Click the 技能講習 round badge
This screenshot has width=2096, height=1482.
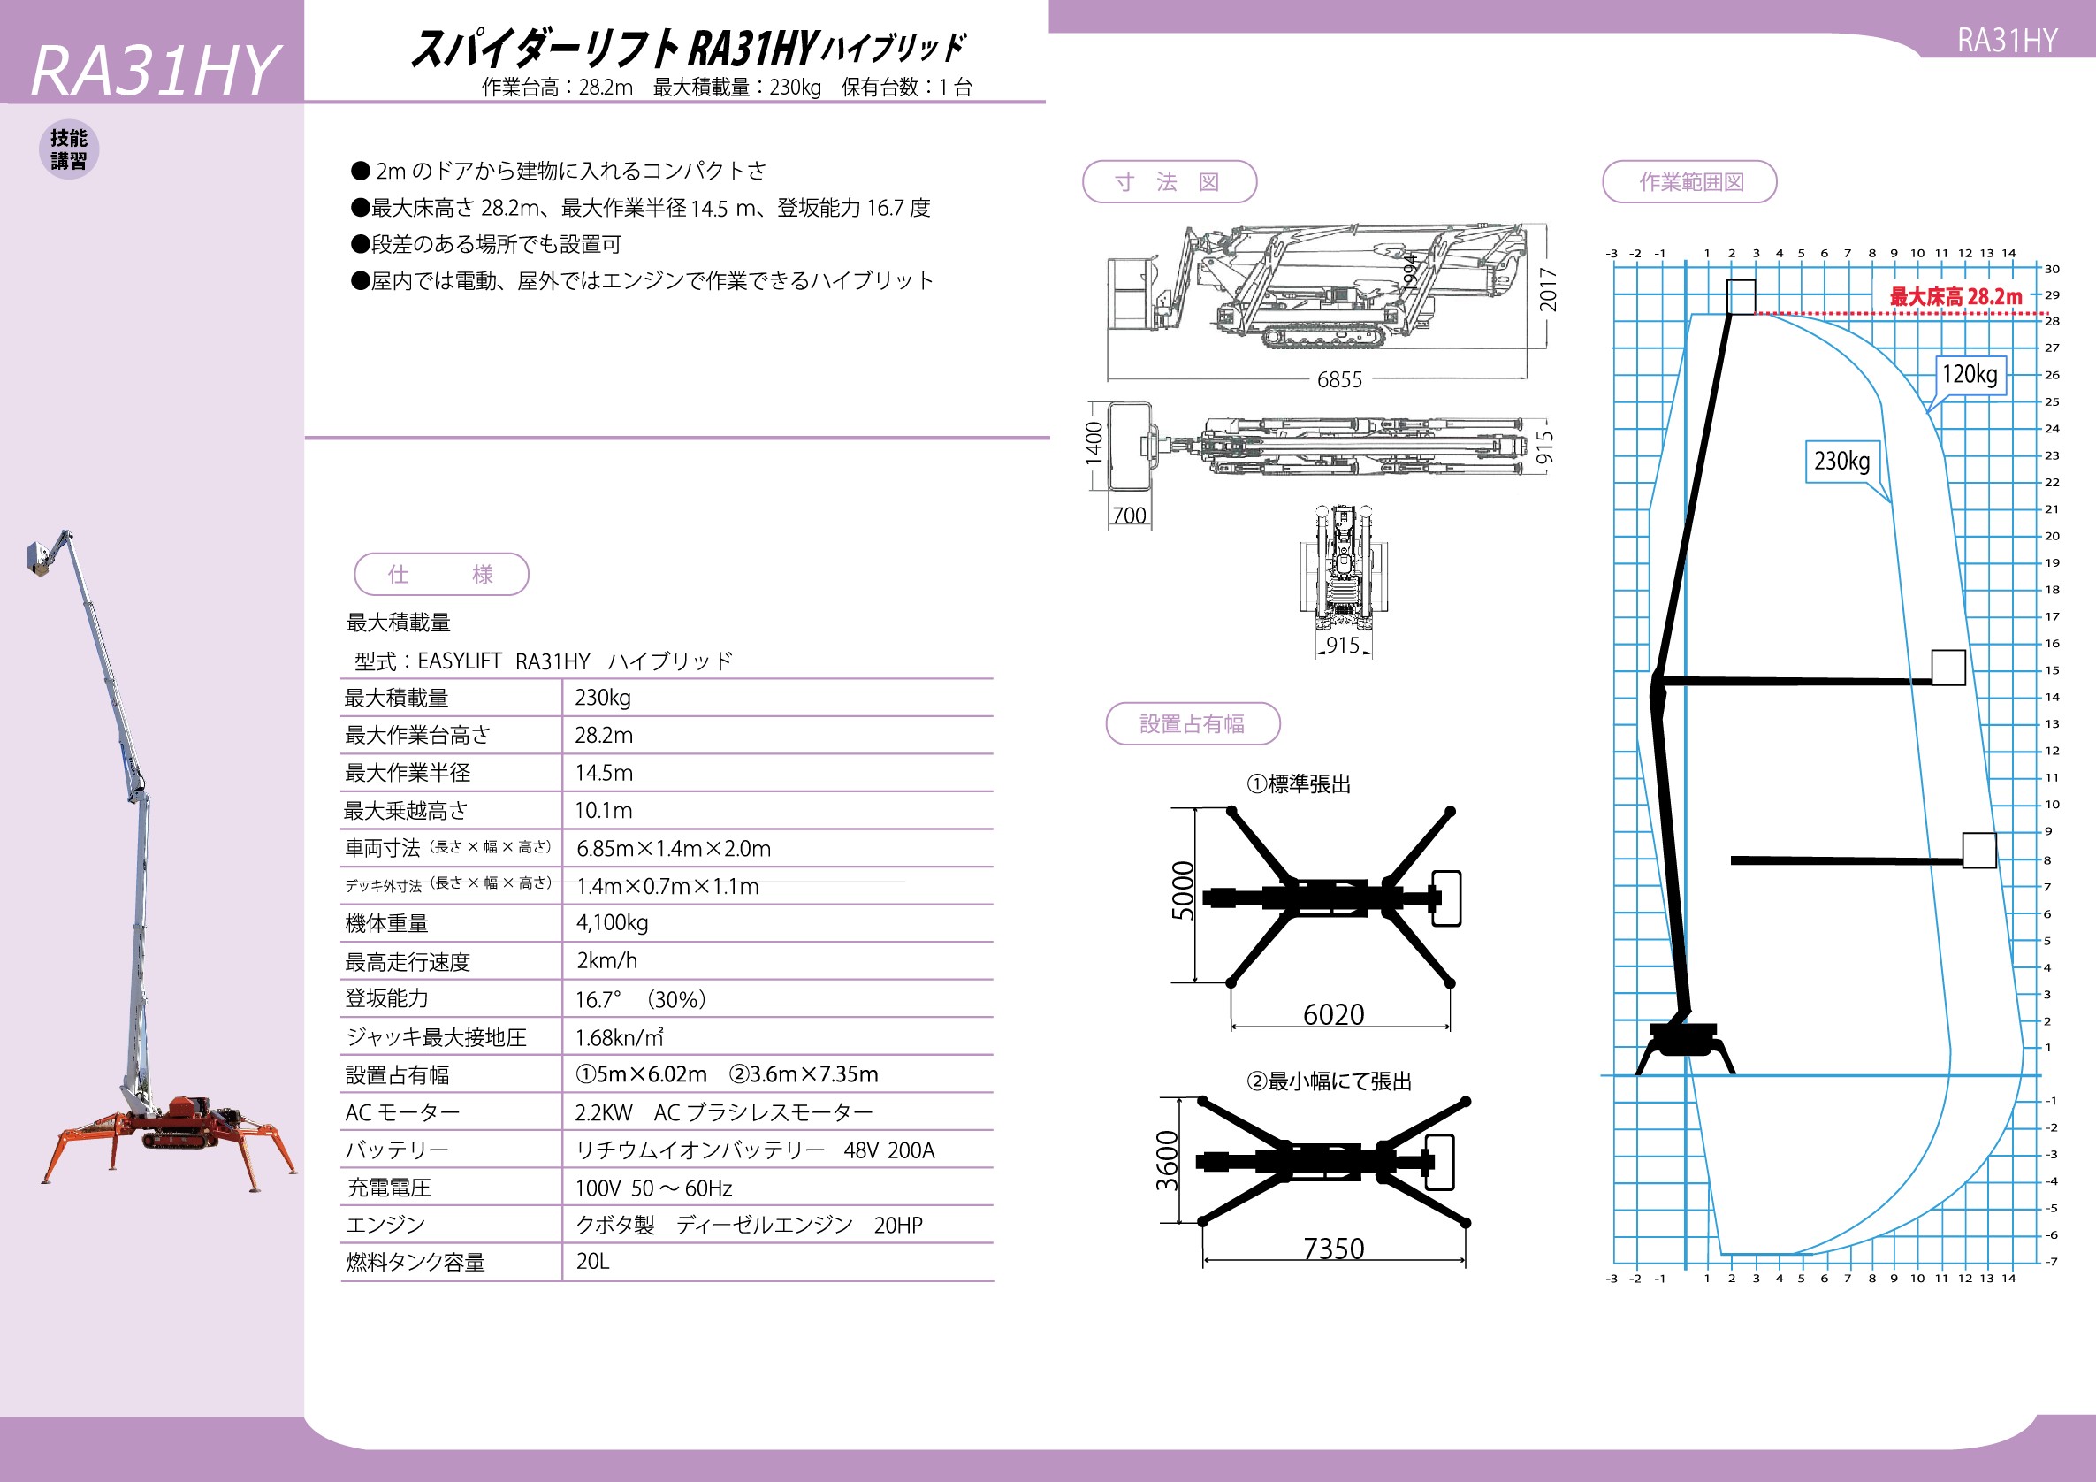coord(68,149)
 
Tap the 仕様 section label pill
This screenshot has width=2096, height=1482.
coord(441,575)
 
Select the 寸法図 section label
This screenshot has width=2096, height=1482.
coord(1170,181)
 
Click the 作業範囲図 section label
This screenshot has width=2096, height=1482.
coord(1689,181)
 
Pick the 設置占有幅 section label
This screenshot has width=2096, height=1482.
coord(1193,724)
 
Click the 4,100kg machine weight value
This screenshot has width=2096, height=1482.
coord(612,922)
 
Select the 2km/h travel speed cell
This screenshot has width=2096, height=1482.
coord(607,960)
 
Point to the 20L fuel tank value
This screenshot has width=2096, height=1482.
coord(592,1261)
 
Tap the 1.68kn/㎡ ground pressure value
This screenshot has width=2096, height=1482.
coord(619,1037)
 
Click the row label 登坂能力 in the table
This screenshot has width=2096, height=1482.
coord(386,998)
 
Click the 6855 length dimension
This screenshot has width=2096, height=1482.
coord(1339,379)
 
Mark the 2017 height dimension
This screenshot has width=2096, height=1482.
coord(1548,289)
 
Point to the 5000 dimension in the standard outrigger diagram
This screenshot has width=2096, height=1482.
coord(1182,890)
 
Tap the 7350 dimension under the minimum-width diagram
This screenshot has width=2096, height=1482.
coord(1334,1249)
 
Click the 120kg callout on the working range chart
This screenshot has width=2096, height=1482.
coord(1970,374)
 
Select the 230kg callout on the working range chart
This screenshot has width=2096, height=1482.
coord(1841,461)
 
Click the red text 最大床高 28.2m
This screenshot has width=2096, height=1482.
coord(1955,297)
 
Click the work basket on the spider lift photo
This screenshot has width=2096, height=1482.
coord(38,558)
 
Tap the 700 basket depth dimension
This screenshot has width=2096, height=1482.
coord(1129,515)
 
